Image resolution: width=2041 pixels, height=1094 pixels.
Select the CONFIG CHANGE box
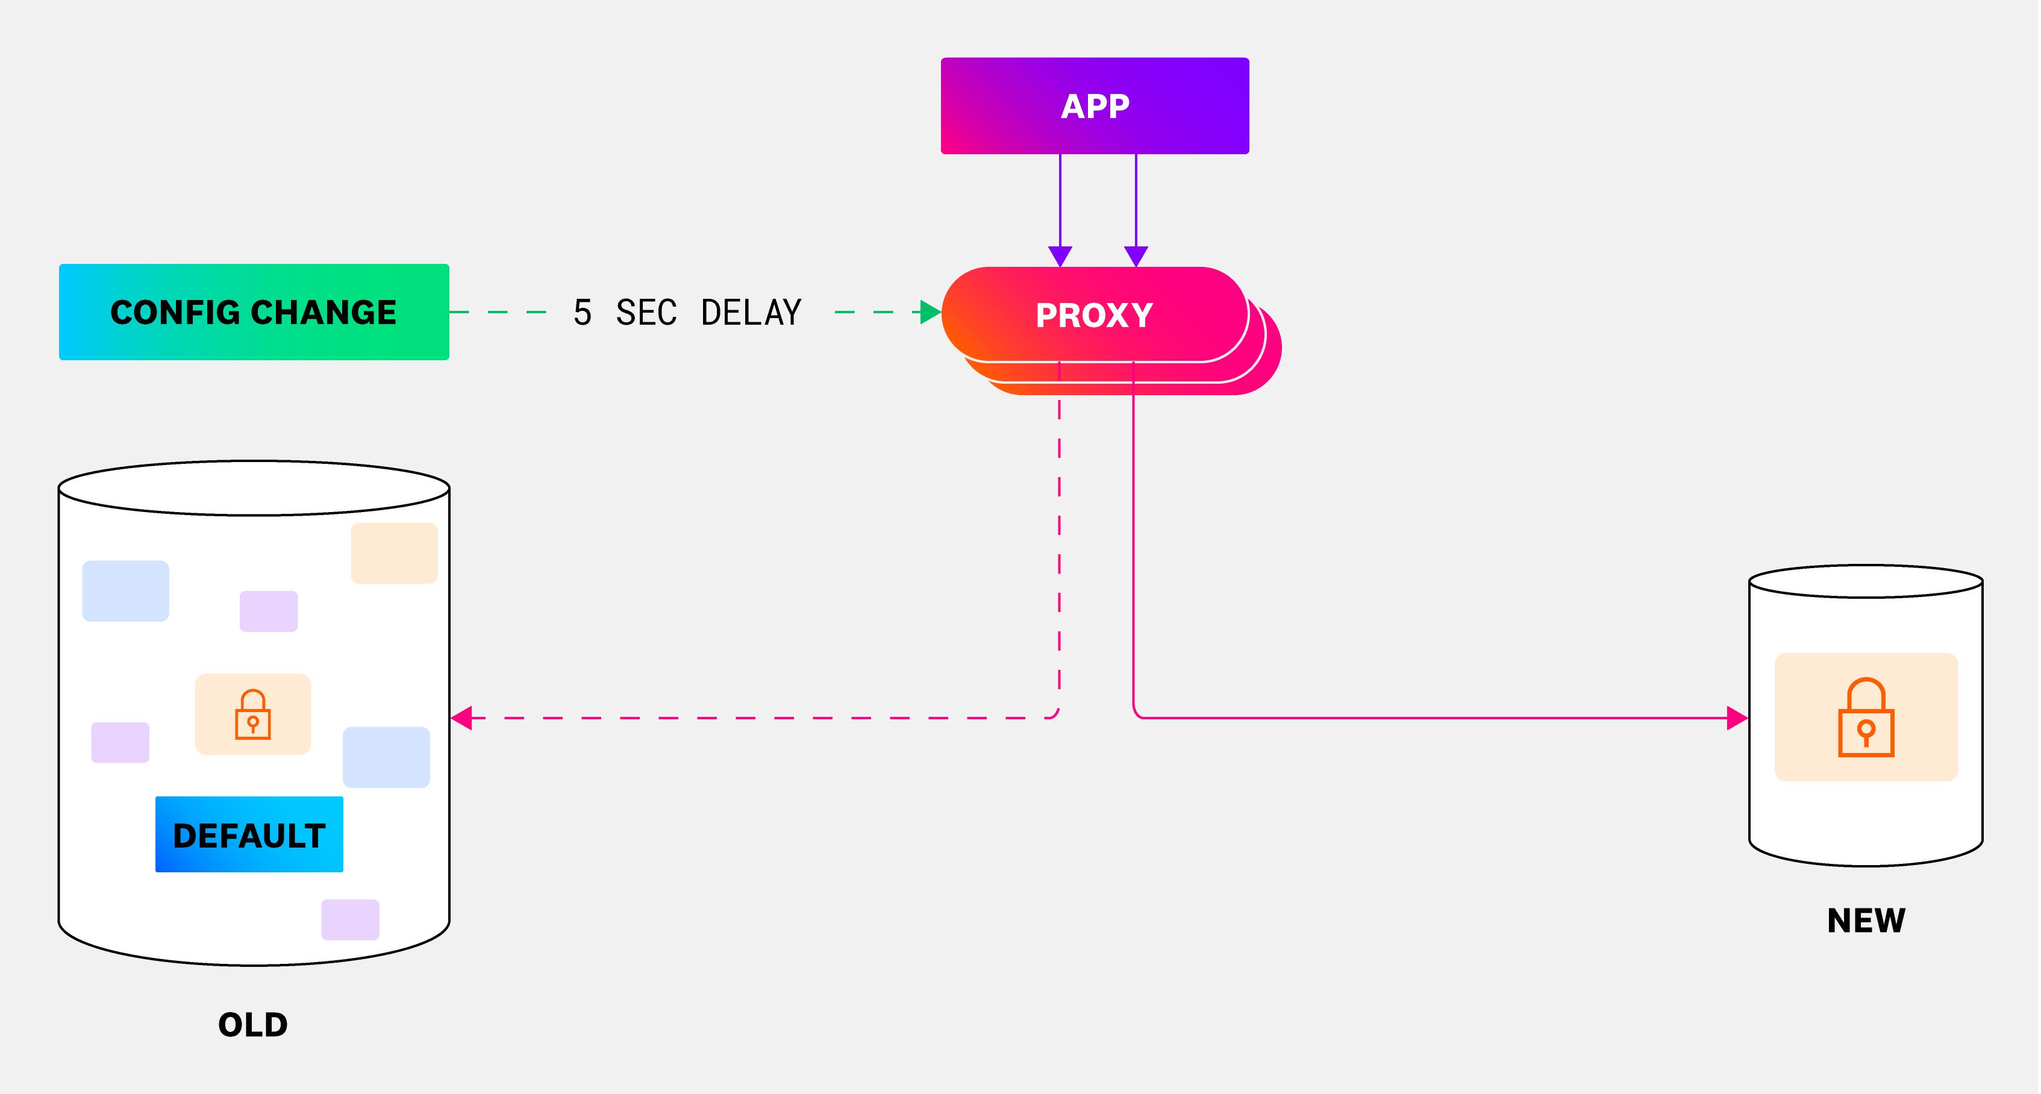[x=254, y=312]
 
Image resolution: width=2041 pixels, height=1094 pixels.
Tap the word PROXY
[x=1094, y=315]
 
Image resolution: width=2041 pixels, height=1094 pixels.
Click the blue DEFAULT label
[x=249, y=835]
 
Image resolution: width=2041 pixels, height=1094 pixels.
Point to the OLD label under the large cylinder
[x=253, y=1024]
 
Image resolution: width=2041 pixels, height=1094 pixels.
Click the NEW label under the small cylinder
[x=1866, y=921]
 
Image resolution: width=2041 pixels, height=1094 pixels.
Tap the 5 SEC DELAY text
[x=687, y=313]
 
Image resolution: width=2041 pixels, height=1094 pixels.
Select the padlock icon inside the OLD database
[x=253, y=714]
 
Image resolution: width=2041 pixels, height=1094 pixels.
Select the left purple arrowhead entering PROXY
[x=1060, y=256]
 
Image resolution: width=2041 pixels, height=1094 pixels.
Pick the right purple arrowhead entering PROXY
[x=1136, y=256]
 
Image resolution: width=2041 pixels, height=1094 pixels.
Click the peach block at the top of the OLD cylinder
[x=394, y=553]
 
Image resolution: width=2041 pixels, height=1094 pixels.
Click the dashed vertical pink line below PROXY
[x=1059, y=554]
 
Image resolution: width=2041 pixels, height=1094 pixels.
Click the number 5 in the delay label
[x=583, y=313]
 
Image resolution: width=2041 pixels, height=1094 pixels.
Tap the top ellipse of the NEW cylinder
[x=1865, y=581]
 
